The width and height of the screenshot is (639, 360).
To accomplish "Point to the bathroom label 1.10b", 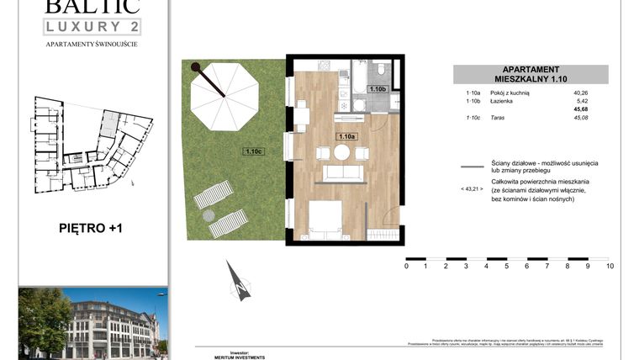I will pyautogui.click(x=377, y=88).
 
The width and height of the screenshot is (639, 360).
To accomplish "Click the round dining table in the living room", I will pyautogui.click(x=342, y=153).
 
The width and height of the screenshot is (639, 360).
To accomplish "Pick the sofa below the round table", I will pyautogui.click(x=342, y=173).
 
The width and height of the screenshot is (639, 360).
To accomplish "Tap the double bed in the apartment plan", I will pyautogui.click(x=330, y=220).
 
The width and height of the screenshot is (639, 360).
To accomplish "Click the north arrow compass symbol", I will pyautogui.click(x=239, y=283).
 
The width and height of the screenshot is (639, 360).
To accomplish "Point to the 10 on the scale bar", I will pyautogui.click(x=609, y=266).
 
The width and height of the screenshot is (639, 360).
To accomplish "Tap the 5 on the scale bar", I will pyautogui.click(x=507, y=266).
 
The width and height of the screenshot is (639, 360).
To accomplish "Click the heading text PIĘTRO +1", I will pyautogui.click(x=93, y=227).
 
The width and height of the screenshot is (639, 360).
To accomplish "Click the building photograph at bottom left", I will pyautogui.click(x=92, y=323).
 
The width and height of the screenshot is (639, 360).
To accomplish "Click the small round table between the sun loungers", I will pyautogui.click(x=209, y=215).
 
